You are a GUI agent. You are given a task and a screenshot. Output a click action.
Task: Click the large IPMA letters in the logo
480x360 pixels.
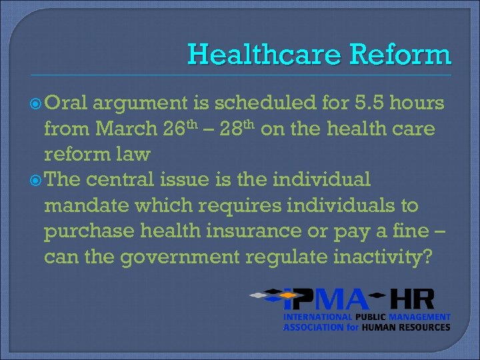coord(323,299)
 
